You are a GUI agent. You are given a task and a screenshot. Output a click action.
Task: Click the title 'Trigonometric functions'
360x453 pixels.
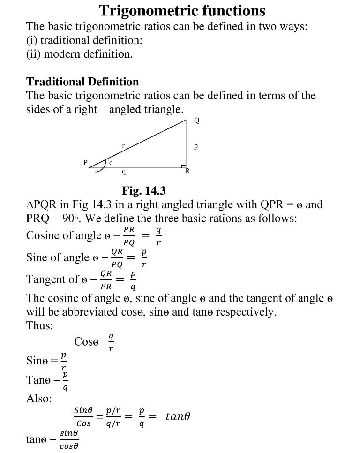click(x=182, y=10)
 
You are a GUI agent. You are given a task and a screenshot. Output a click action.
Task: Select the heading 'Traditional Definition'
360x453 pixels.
click(x=82, y=82)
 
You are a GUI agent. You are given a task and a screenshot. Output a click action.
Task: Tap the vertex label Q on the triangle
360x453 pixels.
click(x=197, y=121)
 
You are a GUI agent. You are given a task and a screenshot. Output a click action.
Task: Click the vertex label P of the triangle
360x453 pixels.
click(x=85, y=162)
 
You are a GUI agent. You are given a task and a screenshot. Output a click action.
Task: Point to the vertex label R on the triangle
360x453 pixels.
click(x=187, y=171)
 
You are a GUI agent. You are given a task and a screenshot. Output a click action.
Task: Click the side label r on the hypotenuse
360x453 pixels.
click(x=123, y=146)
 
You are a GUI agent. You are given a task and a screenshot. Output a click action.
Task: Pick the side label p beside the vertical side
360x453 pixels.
click(x=196, y=146)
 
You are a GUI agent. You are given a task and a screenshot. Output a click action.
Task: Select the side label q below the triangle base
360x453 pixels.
click(x=123, y=172)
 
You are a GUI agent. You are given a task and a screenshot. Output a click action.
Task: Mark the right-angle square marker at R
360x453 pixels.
click(x=184, y=166)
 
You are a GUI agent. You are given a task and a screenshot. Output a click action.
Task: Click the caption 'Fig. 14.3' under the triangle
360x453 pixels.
click(x=144, y=191)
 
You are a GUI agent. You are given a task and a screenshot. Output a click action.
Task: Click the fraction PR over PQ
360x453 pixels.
click(x=129, y=235)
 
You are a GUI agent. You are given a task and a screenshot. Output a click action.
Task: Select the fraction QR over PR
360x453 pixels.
click(x=106, y=279)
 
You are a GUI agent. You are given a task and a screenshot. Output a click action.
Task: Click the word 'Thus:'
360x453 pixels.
click(x=40, y=325)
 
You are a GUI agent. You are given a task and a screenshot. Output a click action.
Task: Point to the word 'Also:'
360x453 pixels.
click(x=39, y=398)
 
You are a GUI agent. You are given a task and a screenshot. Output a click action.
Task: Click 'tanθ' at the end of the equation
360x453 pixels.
click(x=178, y=416)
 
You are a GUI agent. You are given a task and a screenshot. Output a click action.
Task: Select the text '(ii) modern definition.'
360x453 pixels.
click(x=79, y=54)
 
